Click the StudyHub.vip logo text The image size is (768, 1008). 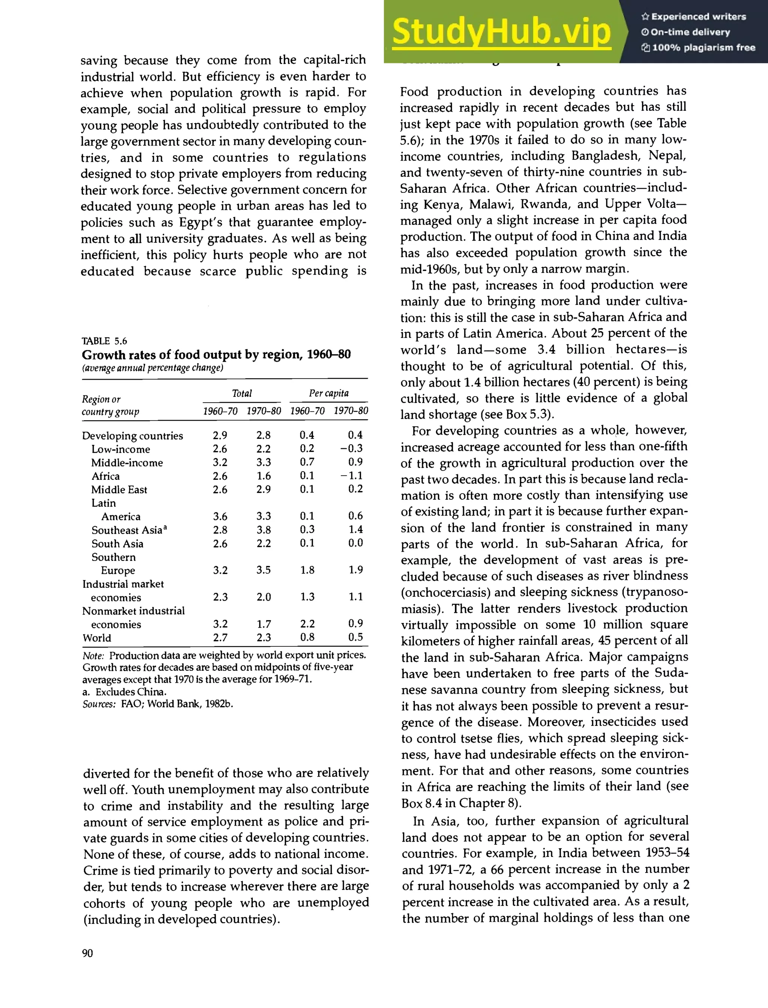(x=501, y=32)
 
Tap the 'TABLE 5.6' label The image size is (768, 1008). (x=104, y=341)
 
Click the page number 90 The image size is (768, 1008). (x=87, y=952)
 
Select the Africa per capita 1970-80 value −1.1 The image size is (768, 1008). (x=351, y=476)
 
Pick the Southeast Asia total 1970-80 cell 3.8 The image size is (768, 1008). (x=263, y=530)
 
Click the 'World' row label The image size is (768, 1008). (x=97, y=637)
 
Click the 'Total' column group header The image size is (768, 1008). (x=242, y=393)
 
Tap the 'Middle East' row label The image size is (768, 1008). (x=119, y=489)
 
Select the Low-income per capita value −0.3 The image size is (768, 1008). (x=351, y=449)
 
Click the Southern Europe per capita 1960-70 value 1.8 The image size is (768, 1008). (x=307, y=570)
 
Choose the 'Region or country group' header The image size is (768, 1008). (x=111, y=405)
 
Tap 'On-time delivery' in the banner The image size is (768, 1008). (x=690, y=32)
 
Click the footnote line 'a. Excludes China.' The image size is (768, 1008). (x=124, y=691)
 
